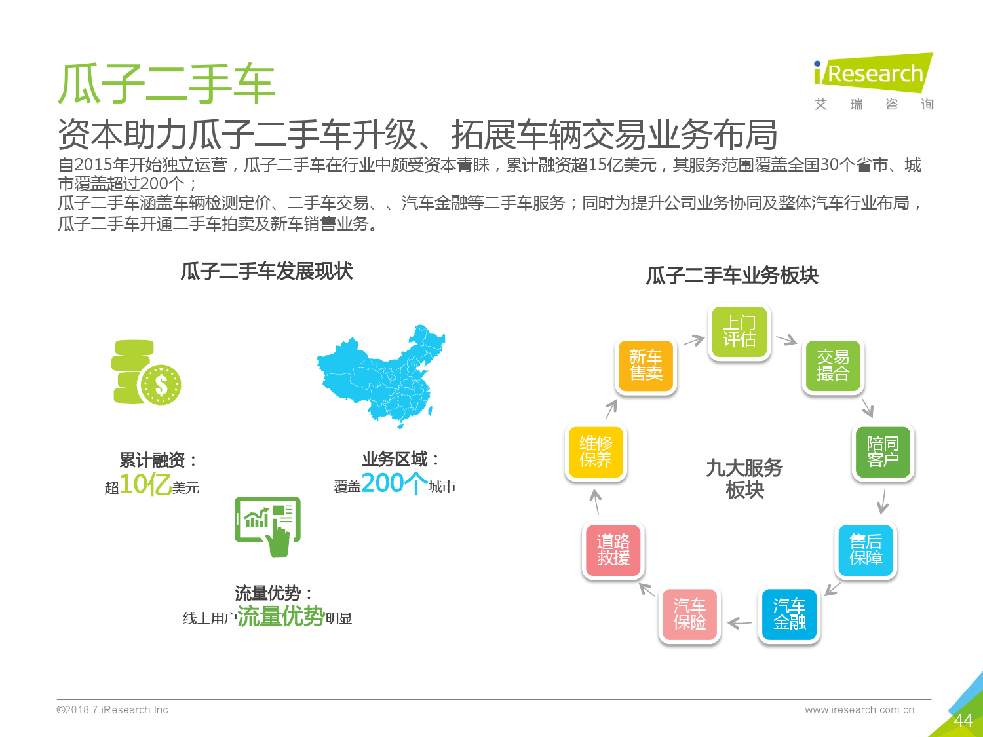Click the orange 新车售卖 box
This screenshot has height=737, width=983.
click(x=646, y=366)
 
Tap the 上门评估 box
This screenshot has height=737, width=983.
click(x=739, y=331)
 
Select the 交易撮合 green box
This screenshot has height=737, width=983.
click(x=833, y=366)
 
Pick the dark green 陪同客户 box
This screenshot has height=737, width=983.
click(x=883, y=452)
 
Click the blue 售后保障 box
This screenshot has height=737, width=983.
click(x=866, y=550)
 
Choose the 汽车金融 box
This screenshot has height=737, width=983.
click(x=789, y=614)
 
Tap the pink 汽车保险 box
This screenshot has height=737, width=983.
click(x=689, y=614)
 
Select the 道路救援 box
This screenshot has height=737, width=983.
click(x=613, y=550)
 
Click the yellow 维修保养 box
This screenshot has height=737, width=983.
click(x=596, y=452)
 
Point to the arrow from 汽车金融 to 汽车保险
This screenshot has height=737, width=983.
click(x=740, y=622)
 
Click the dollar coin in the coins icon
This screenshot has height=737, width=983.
click(x=161, y=385)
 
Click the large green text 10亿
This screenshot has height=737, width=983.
click(x=145, y=483)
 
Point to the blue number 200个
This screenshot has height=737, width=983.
click(x=395, y=483)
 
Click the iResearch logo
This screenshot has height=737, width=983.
click(x=874, y=81)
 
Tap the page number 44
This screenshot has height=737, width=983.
click(x=963, y=721)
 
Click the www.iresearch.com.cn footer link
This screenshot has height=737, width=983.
click(x=859, y=709)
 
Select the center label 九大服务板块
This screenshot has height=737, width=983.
click(x=744, y=479)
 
